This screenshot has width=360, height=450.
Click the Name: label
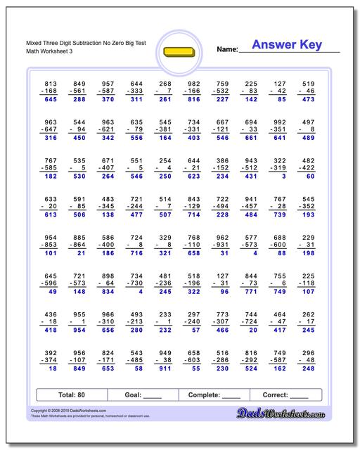[226, 49]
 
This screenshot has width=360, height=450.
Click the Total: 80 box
[72, 395]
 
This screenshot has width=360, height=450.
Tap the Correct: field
[285, 395]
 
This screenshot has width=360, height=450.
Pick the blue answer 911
[166, 367]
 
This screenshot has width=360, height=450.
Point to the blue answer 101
[51, 252]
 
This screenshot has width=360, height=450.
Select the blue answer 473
[307, 100]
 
